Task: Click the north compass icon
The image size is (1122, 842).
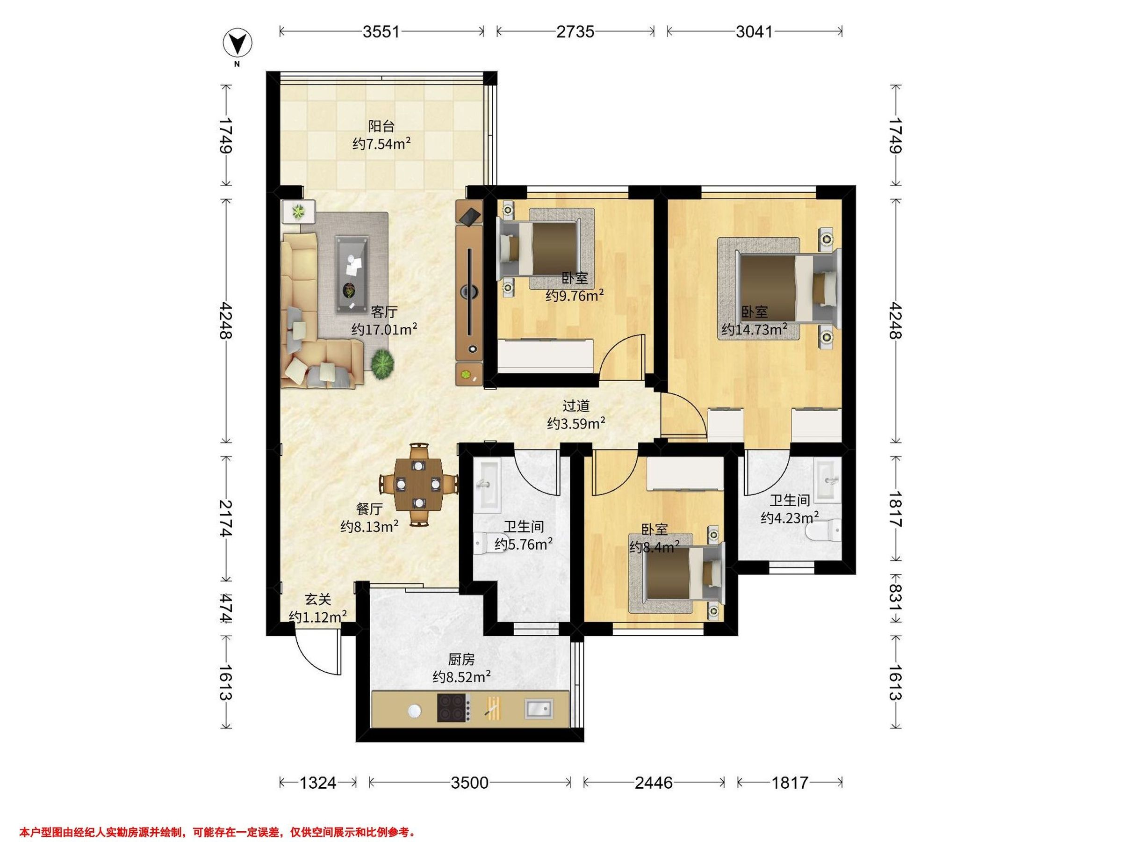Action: tap(238, 44)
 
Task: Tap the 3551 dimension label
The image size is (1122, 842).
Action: tap(381, 32)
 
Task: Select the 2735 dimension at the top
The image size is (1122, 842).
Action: tap(575, 32)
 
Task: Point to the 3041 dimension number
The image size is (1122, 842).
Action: tap(754, 32)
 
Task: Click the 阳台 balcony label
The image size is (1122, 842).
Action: tap(381, 126)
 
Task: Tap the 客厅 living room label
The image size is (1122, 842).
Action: tap(384, 312)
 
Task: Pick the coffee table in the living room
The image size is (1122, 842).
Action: tap(352, 275)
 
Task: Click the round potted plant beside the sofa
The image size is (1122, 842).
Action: tap(382, 364)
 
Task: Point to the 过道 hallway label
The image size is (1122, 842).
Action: tap(576, 406)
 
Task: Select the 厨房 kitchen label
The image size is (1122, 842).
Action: tap(461, 659)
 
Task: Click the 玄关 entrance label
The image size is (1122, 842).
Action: tap(318, 600)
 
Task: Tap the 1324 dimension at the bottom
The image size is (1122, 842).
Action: tap(317, 783)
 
